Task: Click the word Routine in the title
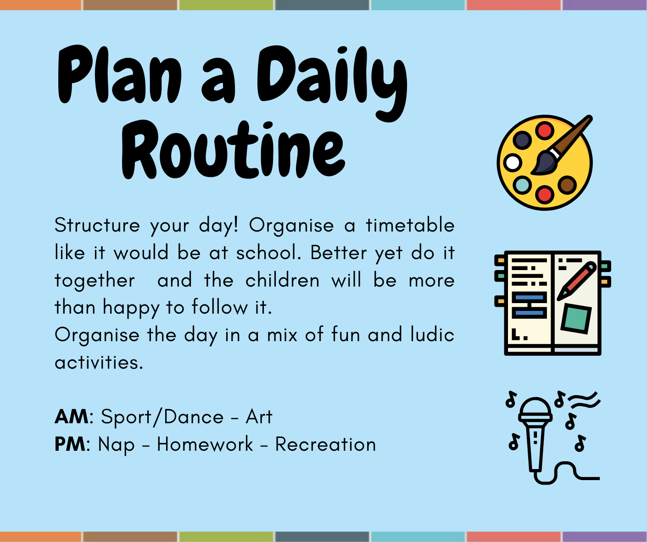[x=233, y=149]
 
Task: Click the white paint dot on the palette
[x=512, y=162]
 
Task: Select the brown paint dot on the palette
[x=567, y=185]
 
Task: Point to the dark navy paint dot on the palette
[x=522, y=140]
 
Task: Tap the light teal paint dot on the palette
[x=523, y=185]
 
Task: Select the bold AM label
[x=72, y=416]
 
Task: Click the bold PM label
[x=70, y=444]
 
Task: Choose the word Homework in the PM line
[x=205, y=444]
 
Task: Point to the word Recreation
[x=326, y=444]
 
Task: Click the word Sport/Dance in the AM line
[x=162, y=416]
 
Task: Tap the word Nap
[x=117, y=445]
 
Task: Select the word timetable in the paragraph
[x=410, y=225]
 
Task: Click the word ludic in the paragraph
[x=433, y=334]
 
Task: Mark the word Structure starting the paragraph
[x=97, y=225]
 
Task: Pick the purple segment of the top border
[x=604, y=5]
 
